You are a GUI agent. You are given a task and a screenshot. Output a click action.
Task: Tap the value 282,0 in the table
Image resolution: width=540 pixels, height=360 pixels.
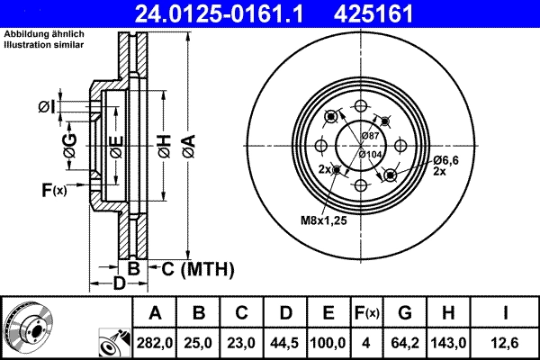(155, 341)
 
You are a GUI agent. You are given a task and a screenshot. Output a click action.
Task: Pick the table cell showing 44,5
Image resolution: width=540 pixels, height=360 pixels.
(285, 341)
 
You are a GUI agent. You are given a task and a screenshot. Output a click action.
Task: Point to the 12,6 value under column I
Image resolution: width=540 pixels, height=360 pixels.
(508, 341)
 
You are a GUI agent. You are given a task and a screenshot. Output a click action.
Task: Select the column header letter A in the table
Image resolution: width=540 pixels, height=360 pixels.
(155, 312)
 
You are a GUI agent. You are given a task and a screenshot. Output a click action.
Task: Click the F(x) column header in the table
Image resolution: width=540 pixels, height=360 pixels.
(368, 312)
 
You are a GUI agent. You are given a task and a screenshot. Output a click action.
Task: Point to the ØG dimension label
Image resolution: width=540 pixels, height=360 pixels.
(70, 145)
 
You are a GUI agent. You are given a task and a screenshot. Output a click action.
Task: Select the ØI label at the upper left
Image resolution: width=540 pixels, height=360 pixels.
(46, 109)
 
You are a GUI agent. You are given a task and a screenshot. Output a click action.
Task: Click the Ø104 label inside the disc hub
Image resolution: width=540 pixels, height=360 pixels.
(371, 154)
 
